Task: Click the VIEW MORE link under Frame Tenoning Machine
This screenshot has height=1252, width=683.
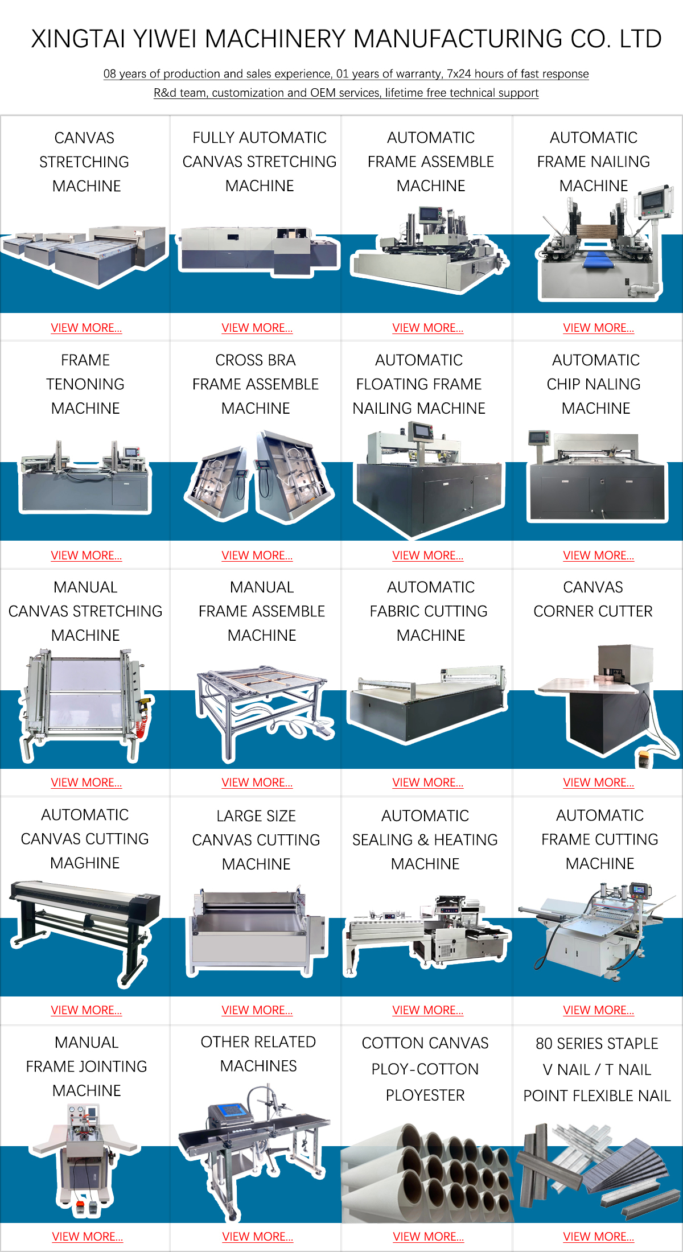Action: (x=87, y=555)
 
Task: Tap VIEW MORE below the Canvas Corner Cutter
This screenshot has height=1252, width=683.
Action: (x=598, y=782)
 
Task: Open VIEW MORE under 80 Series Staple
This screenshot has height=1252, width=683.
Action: (x=598, y=1237)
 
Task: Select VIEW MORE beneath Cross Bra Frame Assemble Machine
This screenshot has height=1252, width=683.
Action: (x=257, y=555)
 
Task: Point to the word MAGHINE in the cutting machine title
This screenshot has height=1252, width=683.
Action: (x=85, y=863)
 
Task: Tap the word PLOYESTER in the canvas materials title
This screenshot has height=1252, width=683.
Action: (x=425, y=1095)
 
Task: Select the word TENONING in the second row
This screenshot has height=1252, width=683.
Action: (x=85, y=384)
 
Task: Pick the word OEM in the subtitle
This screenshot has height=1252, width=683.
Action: (x=322, y=93)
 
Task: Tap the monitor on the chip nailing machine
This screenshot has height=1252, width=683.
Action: (x=538, y=437)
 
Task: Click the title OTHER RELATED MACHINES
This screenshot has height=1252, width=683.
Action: (x=258, y=1053)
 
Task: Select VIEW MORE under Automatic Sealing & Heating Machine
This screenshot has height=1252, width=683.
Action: (x=428, y=1010)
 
